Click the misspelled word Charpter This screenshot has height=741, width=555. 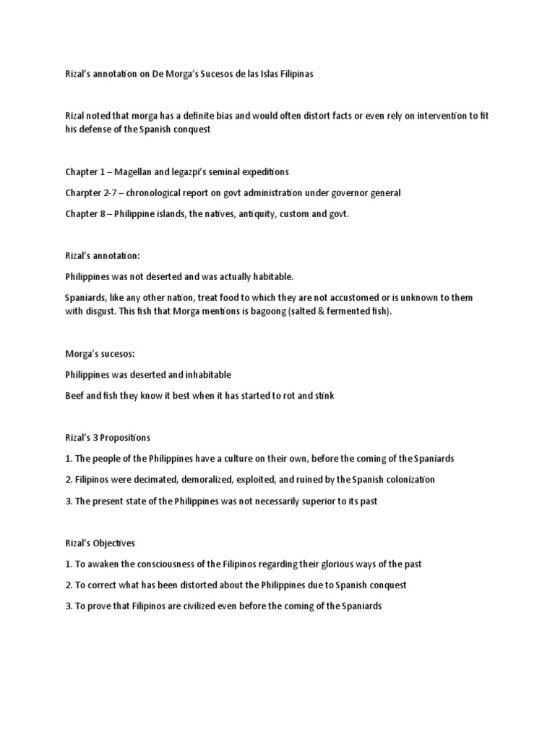coord(84,193)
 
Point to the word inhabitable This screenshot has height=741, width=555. coord(205,375)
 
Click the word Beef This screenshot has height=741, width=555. coord(75,396)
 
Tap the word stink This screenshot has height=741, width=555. coord(322,396)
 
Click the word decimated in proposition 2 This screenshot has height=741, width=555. coord(149,480)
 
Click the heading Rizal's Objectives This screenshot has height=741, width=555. coord(100,543)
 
